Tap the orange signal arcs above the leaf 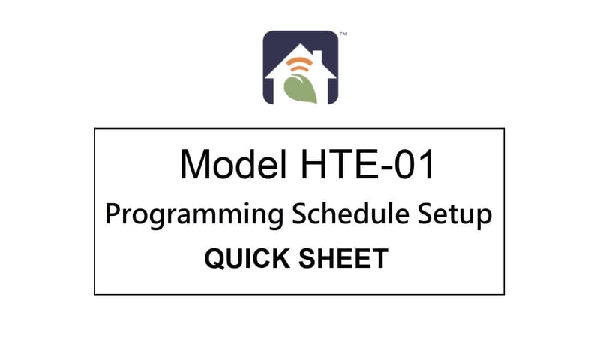298,62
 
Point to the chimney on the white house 321,55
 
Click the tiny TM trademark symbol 343,34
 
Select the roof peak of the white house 300,46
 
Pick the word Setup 457,215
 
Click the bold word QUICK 243,259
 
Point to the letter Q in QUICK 214,259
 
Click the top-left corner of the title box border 94,129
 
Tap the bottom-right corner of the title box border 504,294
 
